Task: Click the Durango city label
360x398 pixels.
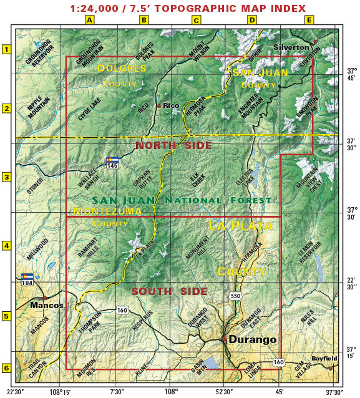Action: pyautogui.click(x=252, y=340)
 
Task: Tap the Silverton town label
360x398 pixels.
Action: pyautogui.click(x=291, y=47)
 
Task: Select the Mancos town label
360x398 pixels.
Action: pyautogui.click(x=47, y=306)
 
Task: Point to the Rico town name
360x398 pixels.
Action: pyautogui.click(x=171, y=105)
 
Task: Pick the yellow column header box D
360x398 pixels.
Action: pyautogui.click(x=252, y=20)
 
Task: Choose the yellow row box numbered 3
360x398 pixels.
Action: pyautogui.click(x=7, y=177)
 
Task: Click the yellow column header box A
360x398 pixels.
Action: pyautogui.click(x=90, y=20)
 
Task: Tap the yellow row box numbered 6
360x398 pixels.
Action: pyautogui.click(x=7, y=368)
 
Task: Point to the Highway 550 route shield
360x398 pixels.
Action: pyautogui.click(x=235, y=296)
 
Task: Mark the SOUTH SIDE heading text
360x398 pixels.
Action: pyautogui.click(x=169, y=291)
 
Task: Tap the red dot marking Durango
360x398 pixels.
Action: pyautogui.click(x=224, y=339)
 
